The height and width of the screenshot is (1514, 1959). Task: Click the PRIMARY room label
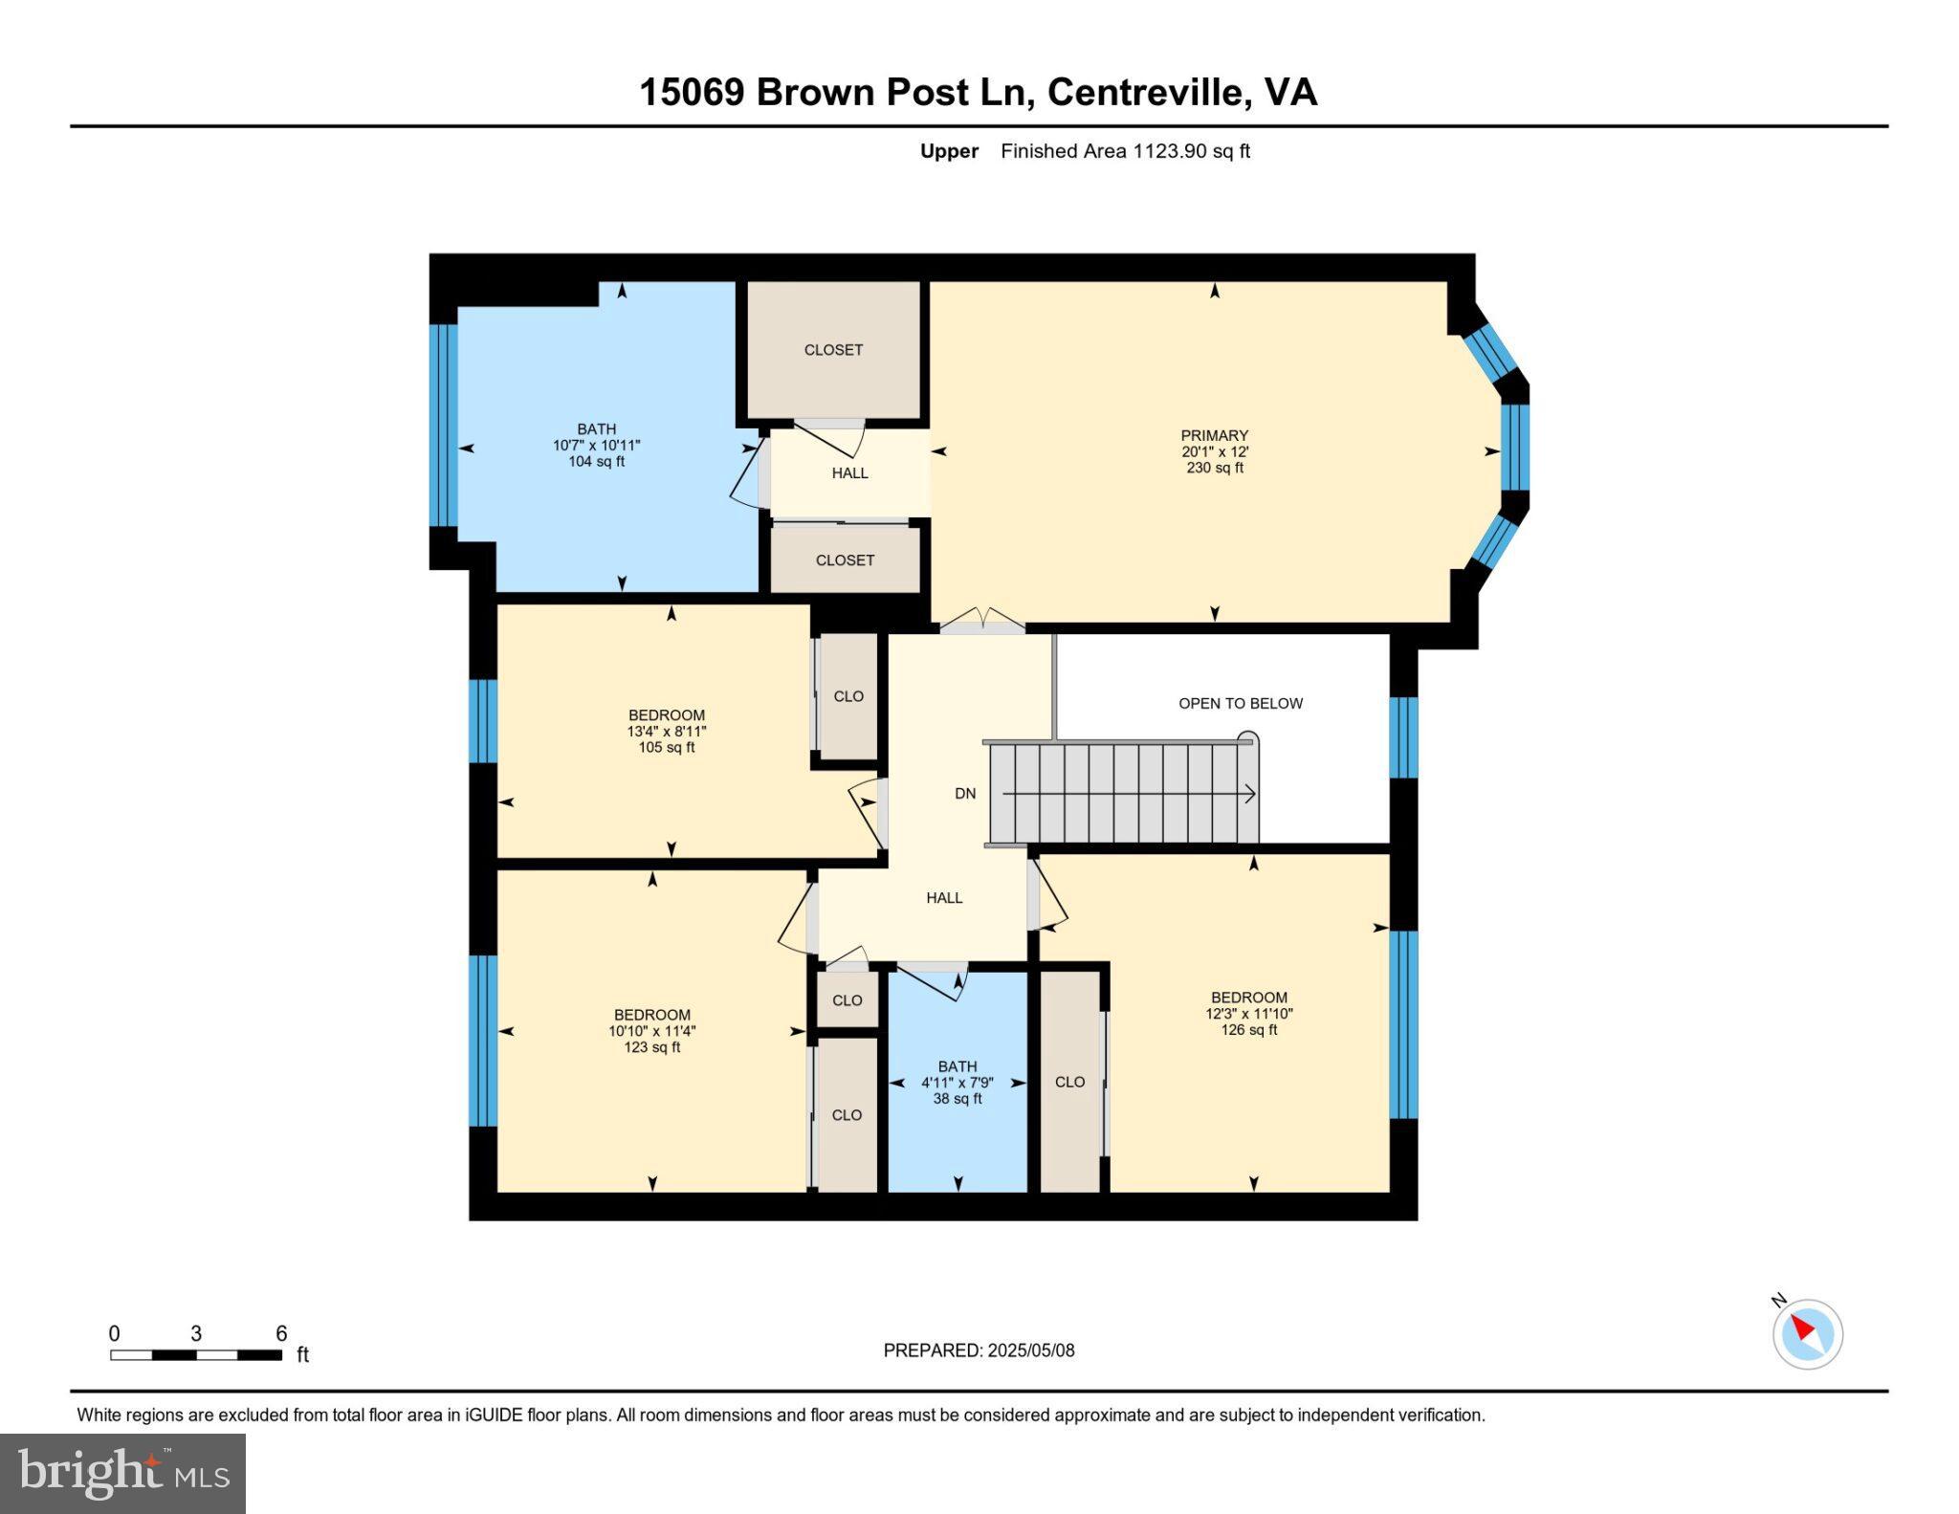click(x=1214, y=435)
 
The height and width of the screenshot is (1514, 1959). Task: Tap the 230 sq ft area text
click(x=1214, y=468)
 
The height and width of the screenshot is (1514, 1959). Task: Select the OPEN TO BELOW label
click(x=1240, y=703)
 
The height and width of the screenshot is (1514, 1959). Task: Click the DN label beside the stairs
click(x=965, y=793)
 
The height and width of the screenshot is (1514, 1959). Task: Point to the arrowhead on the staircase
click(x=1250, y=794)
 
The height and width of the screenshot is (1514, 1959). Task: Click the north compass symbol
click(x=1807, y=1333)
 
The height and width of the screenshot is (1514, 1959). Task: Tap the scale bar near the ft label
click(x=196, y=1354)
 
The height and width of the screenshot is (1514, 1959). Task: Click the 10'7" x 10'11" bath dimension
click(x=596, y=446)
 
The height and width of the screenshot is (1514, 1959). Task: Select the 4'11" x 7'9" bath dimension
click(x=957, y=1083)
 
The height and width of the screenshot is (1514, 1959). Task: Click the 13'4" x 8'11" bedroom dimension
click(x=667, y=732)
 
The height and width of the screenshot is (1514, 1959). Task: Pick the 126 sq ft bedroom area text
click(x=1248, y=1030)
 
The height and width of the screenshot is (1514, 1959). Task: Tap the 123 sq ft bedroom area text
click(x=651, y=1047)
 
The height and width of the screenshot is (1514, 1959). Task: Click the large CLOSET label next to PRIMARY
click(x=833, y=350)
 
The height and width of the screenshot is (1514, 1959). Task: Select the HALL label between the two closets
click(x=849, y=473)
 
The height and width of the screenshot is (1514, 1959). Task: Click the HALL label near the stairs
click(x=944, y=898)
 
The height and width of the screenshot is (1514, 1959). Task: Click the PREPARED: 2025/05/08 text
click(x=979, y=1350)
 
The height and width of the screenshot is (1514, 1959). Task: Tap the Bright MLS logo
click(x=122, y=1473)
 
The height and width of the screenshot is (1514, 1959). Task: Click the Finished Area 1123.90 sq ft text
click(x=1125, y=151)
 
